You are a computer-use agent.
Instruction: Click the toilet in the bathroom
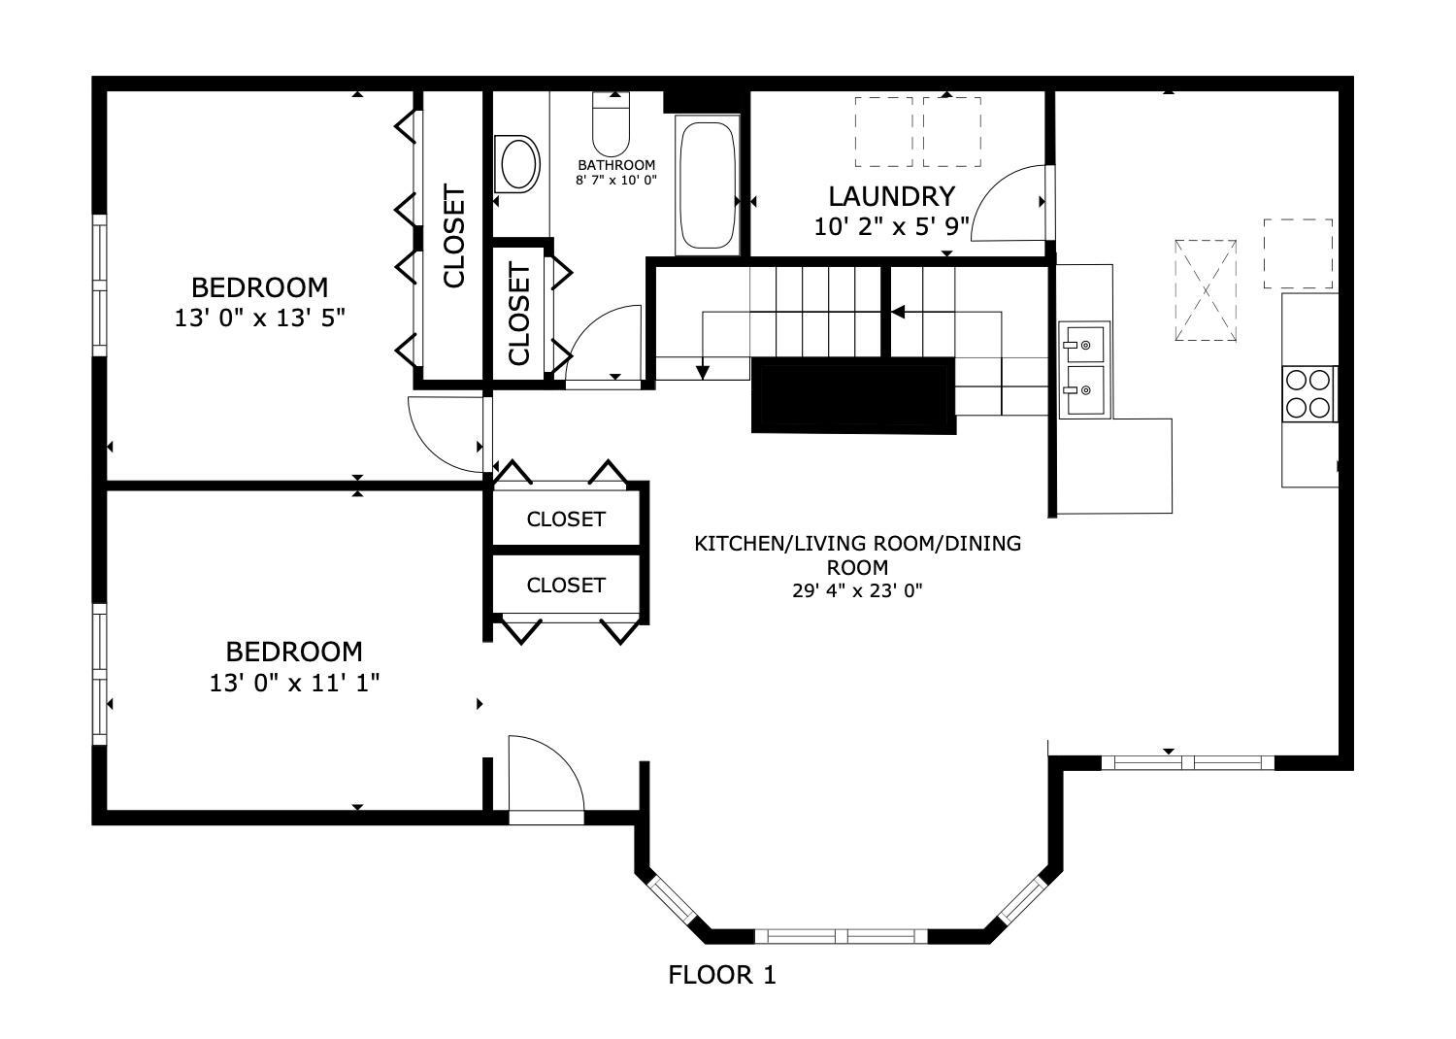611,122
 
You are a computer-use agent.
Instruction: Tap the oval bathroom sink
517,164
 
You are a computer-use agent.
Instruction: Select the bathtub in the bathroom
708,184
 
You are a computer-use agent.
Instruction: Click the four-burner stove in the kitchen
1308,393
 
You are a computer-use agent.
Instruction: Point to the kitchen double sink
1084,371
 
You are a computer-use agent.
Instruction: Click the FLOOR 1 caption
722,975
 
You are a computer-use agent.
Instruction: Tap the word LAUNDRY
891,196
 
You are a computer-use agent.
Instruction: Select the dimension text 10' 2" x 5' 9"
891,227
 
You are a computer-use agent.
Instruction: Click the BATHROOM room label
616,165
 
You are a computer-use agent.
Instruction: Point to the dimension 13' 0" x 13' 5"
259,318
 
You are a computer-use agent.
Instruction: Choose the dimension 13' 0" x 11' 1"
294,683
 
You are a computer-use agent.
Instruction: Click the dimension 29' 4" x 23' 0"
857,590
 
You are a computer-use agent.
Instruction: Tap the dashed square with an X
1206,289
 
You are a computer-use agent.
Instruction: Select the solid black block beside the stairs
853,394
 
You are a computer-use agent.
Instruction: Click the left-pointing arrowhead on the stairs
898,312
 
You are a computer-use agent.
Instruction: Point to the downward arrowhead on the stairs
702,371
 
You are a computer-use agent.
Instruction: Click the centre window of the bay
841,936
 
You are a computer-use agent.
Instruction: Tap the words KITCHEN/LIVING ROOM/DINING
857,544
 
